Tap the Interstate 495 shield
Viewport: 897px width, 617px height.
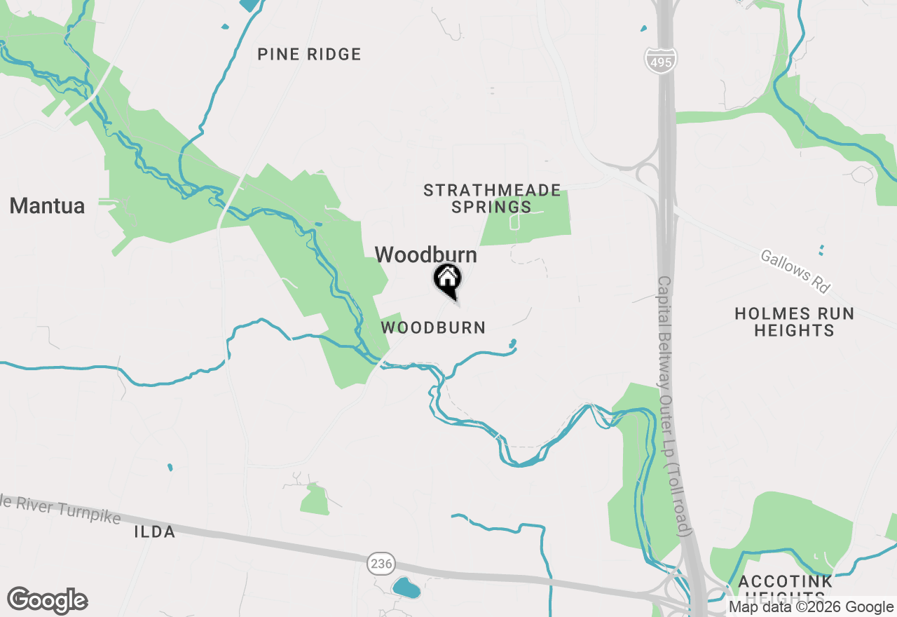pyautogui.click(x=660, y=60)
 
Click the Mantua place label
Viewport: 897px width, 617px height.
pyautogui.click(x=47, y=206)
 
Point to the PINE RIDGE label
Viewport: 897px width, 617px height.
pyautogui.click(x=309, y=55)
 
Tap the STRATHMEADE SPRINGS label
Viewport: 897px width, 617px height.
pyautogui.click(x=492, y=198)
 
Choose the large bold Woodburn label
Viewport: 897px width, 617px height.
pyautogui.click(x=426, y=255)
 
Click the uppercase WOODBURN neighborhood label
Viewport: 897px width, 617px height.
pyautogui.click(x=433, y=327)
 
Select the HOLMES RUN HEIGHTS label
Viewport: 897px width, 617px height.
pyautogui.click(x=794, y=322)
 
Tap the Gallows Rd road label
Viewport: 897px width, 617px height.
pyautogui.click(x=795, y=272)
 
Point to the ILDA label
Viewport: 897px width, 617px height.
pyautogui.click(x=154, y=531)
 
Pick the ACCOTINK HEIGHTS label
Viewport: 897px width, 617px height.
pyautogui.click(x=786, y=588)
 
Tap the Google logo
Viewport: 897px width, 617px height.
pyautogui.click(x=47, y=601)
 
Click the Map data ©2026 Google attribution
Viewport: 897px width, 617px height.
pyautogui.click(x=812, y=607)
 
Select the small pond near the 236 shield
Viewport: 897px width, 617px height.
pyautogui.click(x=406, y=588)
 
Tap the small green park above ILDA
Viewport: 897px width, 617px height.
pyautogui.click(x=315, y=500)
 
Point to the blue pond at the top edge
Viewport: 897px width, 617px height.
pyautogui.click(x=249, y=4)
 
